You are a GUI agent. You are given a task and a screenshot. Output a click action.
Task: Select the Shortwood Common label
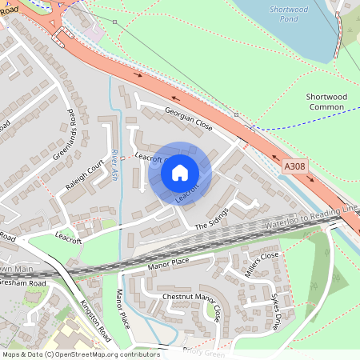coord(324,102)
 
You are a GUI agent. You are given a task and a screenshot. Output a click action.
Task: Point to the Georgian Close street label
coord(188,118)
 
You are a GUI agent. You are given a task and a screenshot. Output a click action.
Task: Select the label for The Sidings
coord(211,218)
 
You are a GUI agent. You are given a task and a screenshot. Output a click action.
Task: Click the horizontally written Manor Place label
coord(168,263)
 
